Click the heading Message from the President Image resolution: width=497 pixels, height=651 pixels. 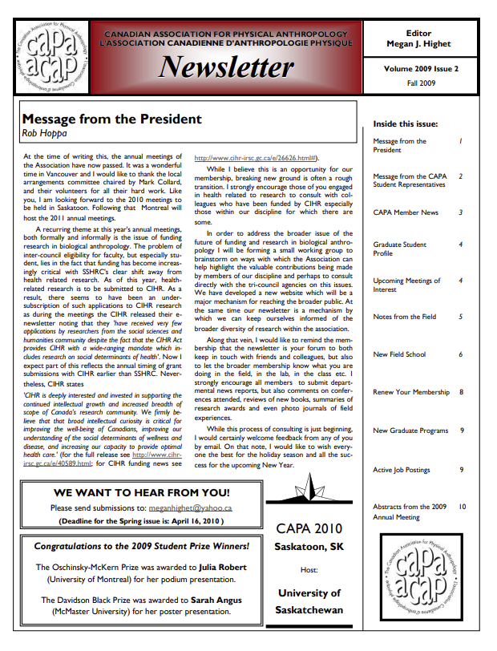(x=111, y=119)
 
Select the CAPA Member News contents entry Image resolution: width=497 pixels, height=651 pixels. (x=406, y=213)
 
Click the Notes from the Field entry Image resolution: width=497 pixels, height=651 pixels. (x=406, y=317)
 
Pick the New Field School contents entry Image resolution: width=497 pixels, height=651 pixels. (x=400, y=354)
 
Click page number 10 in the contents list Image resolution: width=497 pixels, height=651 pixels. (x=463, y=507)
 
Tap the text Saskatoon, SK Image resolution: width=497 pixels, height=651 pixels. (x=309, y=547)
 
